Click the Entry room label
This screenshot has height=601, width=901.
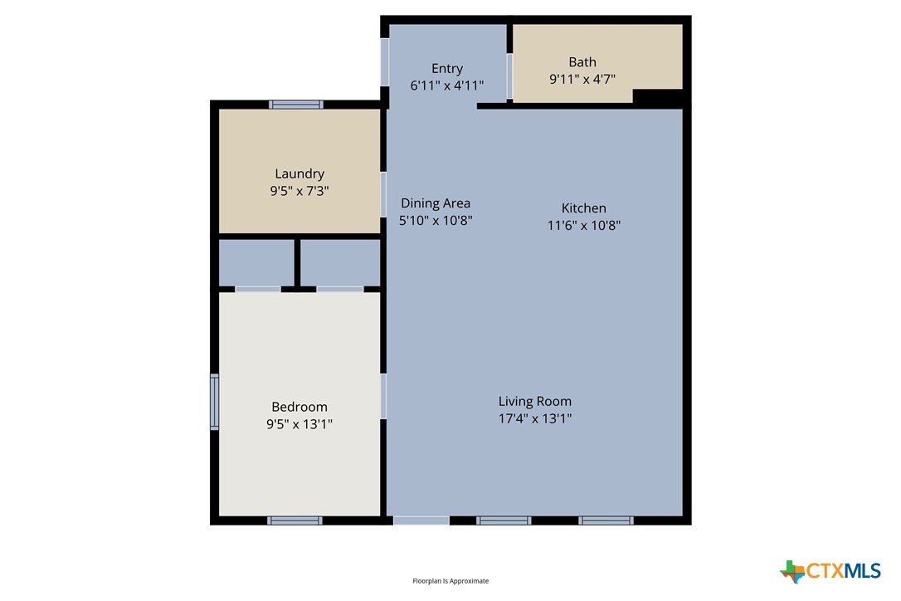tap(447, 68)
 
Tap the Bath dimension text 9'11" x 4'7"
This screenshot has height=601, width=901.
tap(582, 80)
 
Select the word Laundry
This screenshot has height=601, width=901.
tap(300, 173)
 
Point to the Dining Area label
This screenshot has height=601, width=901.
tap(436, 203)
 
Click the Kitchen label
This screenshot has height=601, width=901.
tap(584, 208)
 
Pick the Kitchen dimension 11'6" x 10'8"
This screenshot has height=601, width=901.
tap(584, 226)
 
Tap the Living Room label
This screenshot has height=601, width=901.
tap(535, 402)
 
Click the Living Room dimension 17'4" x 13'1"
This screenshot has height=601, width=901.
tap(535, 418)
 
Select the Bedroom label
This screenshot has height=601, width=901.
tap(300, 408)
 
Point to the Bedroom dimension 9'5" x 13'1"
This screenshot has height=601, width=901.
tap(300, 424)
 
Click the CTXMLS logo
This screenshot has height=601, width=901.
tap(830, 571)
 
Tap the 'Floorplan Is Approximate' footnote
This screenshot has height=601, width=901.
tap(450, 581)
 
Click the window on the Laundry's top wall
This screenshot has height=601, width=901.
tap(296, 105)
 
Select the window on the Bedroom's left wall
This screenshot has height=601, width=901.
tap(214, 402)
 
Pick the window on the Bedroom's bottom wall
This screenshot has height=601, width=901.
tap(295, 520)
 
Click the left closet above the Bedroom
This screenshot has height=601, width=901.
tap(256, 262)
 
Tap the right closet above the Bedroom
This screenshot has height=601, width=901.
tap(340, 262)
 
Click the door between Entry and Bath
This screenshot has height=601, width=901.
tap(509, 76)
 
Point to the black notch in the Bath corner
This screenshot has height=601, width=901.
tap(658, 96)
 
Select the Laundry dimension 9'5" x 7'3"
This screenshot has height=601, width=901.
tap(300, 191)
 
